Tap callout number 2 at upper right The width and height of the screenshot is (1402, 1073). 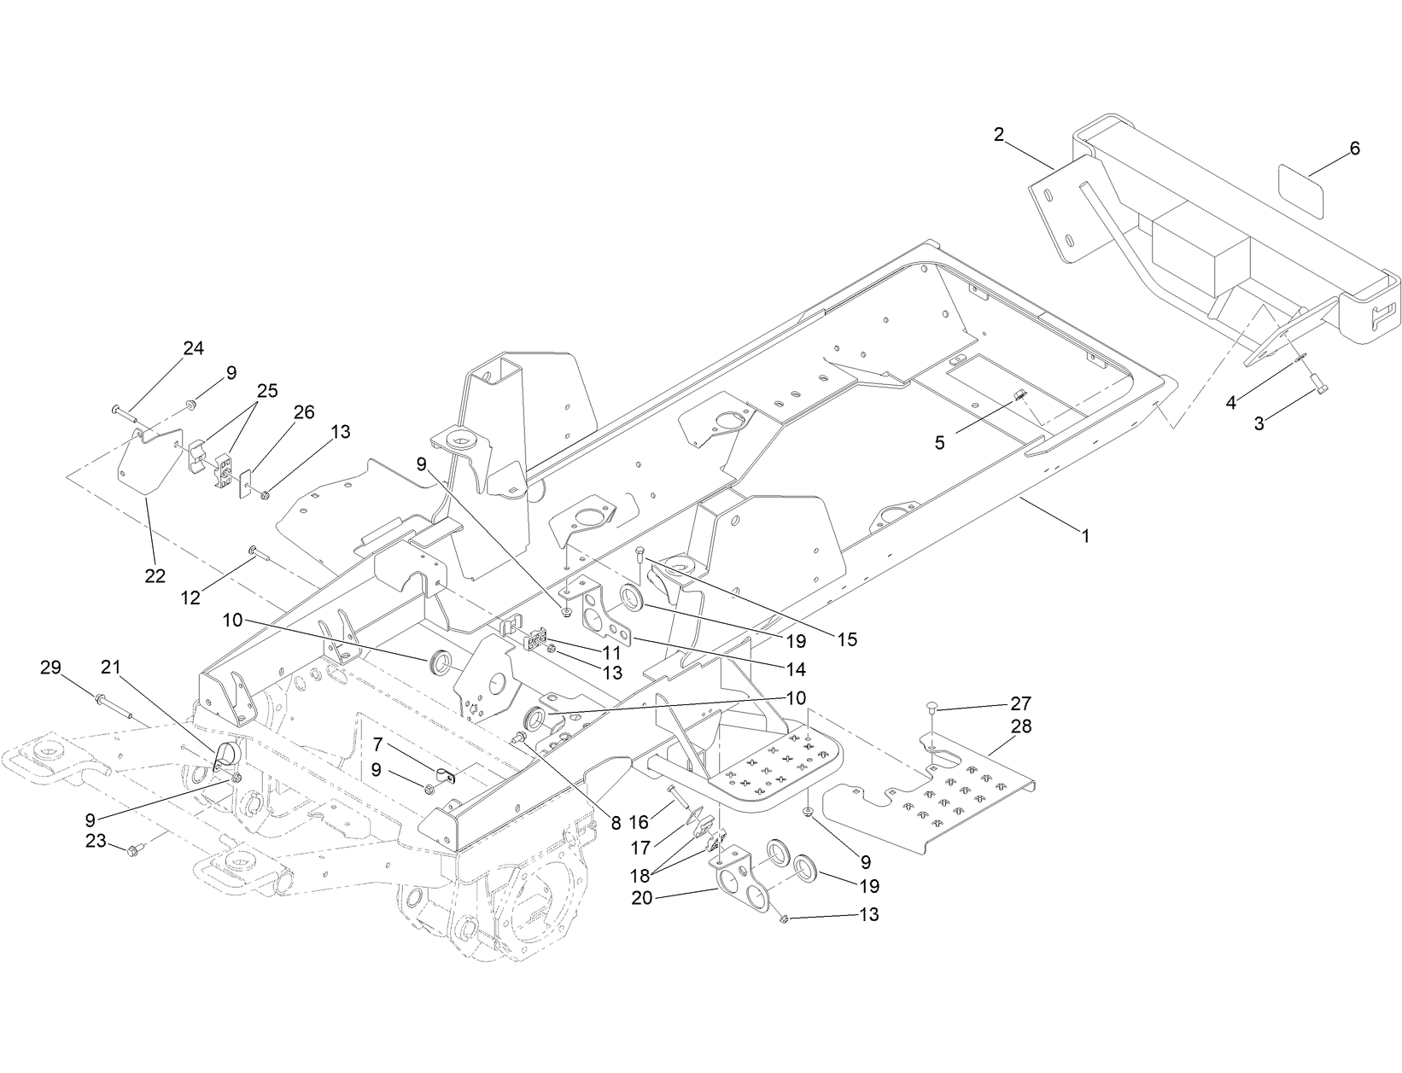tap(997, 134)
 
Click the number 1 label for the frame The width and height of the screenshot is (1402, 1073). tap(1085, 536)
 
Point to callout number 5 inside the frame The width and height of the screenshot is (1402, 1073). tap(939, 444)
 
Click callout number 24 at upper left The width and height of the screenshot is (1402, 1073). tap(194, 348)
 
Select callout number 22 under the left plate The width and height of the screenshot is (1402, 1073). tap(155, 576)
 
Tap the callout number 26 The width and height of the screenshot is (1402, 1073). tap(303, 412)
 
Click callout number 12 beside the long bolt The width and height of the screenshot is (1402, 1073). tap(190, 598)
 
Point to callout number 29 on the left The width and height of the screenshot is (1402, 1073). tap(51, 667)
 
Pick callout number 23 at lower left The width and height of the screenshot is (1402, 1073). tap(95, 841)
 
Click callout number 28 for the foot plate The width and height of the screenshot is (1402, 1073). tap(1020, 726)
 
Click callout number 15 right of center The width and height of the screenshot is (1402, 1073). tap(847, 639)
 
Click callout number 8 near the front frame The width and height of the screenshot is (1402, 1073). tap(616, 825)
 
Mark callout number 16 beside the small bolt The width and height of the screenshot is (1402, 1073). tap(639, 822)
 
